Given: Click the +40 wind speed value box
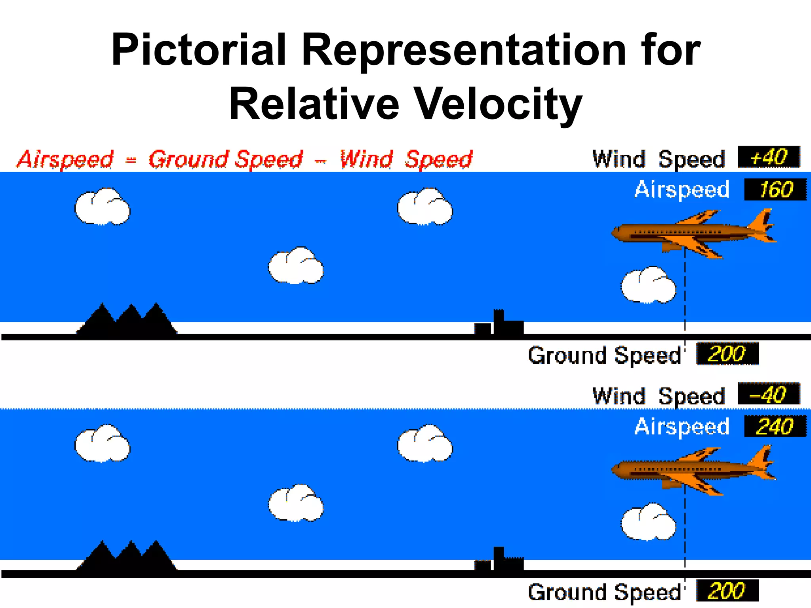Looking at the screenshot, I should pyautogui.click(x=769, y=157).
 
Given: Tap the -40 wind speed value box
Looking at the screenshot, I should pyautogui.click(x=769, y=394).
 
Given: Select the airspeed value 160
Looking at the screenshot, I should pyautogui.click(x=775, y=190).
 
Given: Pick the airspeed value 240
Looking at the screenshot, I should pyautogui.click(x=775, y=427).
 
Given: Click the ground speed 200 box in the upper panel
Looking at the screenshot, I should pyautogui.click(x=727, y=353).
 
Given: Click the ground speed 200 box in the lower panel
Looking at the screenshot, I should pyautogui.click(x=727, y=591).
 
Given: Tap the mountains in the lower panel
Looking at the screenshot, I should pyautogui.click(x=127, y=558).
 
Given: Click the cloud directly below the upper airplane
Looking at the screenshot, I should pyautogui.click(x=648, y=285).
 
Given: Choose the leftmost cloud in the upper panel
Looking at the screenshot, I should pyautogui.click(x=102, y=207).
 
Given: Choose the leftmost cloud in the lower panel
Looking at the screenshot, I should pyautogui.click(x=102, y=444).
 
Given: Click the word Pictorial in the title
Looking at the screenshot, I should pyautogui.click(x=198, y=50).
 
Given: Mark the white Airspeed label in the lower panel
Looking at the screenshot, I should pyautogui.click(x=682, y=427).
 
